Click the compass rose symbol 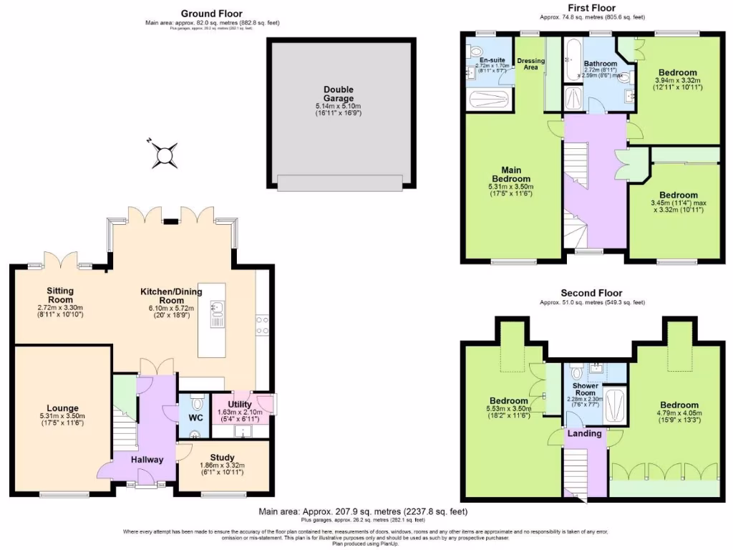pyautogui.click(x=165, y=154)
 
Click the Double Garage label pyautogui.click(x=338, y=94)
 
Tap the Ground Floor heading pyautogui.click(x=211, y=13)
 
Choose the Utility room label pyautogui.click(x=240, y=405)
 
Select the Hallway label pyautogui.click(x=146, y=460)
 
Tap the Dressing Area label pyautogui.click(x=530, y=64)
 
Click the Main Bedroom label pyautogui.click(x=511, y=174)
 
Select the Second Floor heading pyautogui.click(x=591, y=293)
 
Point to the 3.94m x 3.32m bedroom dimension pyautogui.click(x=677, y=81)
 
